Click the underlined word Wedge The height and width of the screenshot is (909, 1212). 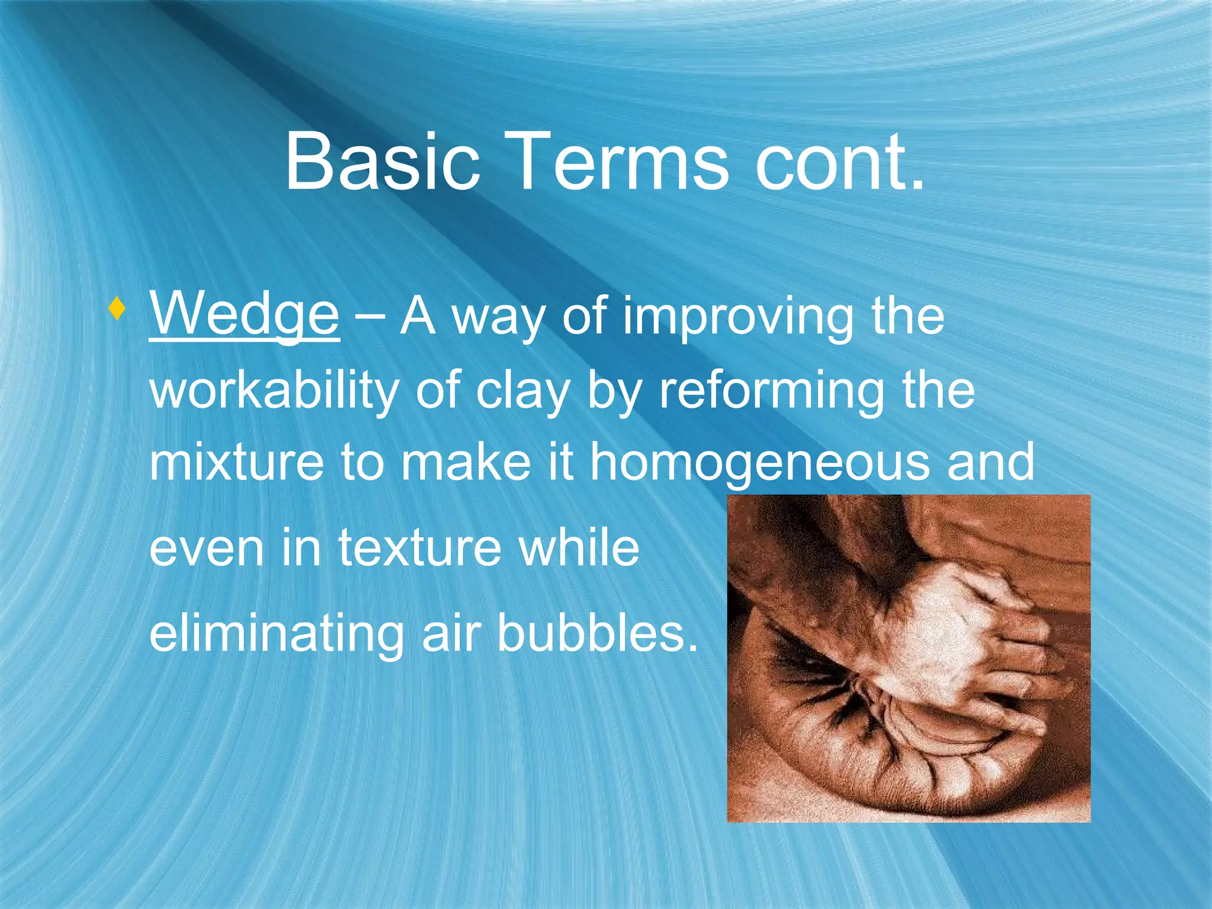point(244,315)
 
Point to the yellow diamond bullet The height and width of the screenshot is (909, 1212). point(117,309)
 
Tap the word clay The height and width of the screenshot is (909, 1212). point(522,392)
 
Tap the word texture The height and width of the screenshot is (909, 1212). point(419,547)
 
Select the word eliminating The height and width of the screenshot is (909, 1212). point(276,633)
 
